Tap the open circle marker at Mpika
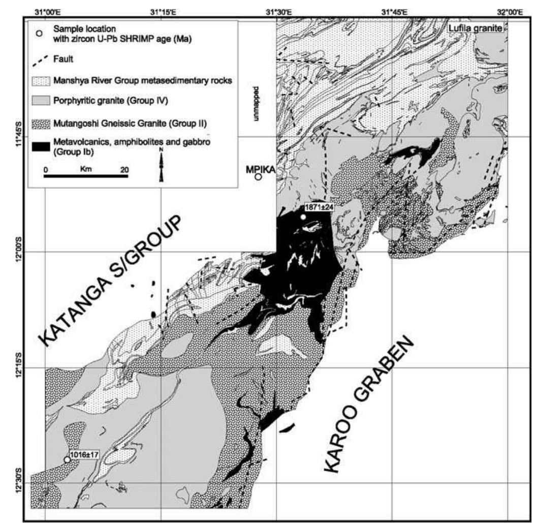coord(258,177)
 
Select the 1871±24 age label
coord(318,208)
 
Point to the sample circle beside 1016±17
coord(67,459)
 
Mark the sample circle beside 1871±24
coord(303,217)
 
